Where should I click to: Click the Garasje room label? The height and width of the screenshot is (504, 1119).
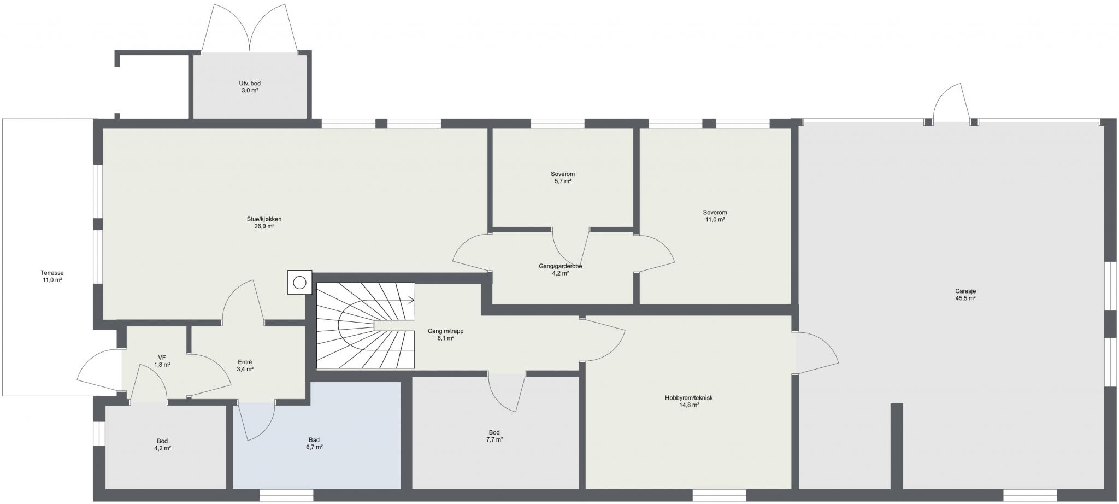coord(965,291)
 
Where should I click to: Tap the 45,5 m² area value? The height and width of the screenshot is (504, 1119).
coord(965,298)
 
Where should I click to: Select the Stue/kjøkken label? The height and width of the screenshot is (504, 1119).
coord(264,219)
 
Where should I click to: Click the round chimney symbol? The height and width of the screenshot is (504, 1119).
coord(299,283)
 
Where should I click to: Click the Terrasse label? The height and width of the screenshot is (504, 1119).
coord(52,273)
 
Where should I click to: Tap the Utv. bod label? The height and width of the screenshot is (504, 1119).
coord(250,84)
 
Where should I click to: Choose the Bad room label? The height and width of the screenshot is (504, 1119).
coord(314,440)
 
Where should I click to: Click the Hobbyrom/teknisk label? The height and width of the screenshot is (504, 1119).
coord(688,398)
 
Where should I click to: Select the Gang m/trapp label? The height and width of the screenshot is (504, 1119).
coord(446,331)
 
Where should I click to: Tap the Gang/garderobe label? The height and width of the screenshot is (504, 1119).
coord(561,266)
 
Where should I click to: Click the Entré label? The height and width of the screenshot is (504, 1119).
coord(245,362)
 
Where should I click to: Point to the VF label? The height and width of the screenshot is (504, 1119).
coord(162,358)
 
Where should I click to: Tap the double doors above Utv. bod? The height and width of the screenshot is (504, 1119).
coord(250,28)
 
